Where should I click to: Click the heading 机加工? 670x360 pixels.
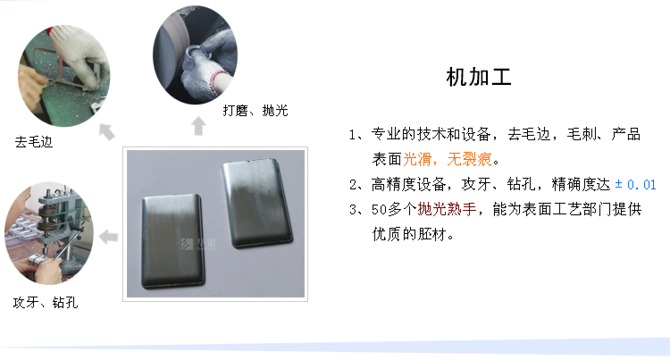pos(479,78)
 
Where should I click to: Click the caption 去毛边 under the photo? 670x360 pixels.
pos(34,142)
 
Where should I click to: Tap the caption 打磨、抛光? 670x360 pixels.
pos(255,111)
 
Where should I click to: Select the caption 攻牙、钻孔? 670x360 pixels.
pos(46,302)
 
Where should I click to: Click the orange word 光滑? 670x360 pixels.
pos(417,159)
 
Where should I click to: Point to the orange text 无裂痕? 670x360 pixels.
pos(469,159)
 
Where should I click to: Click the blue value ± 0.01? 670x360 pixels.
pos(635,185)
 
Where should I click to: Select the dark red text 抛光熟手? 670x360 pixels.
pos(447,209)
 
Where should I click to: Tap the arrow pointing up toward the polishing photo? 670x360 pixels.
pos(198,126)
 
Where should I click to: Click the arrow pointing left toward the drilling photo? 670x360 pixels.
pos(108,237)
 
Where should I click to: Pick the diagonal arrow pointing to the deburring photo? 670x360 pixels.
pos(107,131)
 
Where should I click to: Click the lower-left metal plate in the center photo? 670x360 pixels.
pos(173,241)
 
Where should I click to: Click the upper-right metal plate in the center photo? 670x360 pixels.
pos(256,204)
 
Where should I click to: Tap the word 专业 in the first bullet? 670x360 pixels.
pos(386,134)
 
